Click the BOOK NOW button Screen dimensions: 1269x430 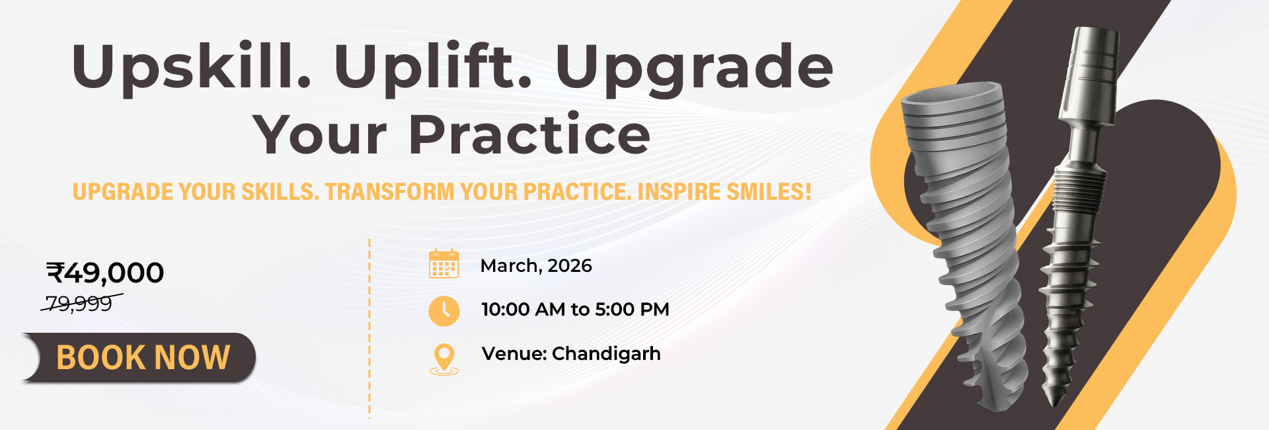(x=139, y=357)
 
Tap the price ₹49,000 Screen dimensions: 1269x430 (x=105, y=273)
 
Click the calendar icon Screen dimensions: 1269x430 (x=443, y=264)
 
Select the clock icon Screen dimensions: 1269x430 (x=443, y=310)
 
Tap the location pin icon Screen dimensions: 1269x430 (x=444, y=359)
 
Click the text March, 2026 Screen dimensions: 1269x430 (x=536, y=266)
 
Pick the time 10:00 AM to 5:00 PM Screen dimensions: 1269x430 (x=575, y=310)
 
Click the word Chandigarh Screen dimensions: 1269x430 (x=606, y=354)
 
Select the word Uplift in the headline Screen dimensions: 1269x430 (x=433, y=65)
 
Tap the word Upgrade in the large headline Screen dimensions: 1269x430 (x=694, y=66)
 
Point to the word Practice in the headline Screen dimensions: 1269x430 (x=529, y=134)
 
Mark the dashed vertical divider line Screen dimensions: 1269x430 (x=369, y=329)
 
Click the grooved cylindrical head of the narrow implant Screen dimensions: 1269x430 (x=1091, y=73)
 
